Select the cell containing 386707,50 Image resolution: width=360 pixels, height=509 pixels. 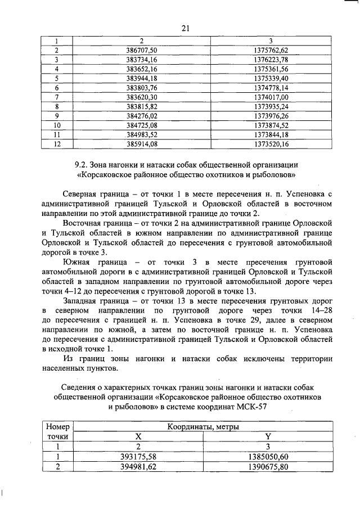(142, 50)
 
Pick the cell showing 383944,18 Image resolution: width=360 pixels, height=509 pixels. (142, 78)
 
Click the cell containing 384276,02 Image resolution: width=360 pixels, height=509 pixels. (142, 116)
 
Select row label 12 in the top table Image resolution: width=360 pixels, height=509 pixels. (57, 144)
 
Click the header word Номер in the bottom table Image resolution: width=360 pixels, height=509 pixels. (57, 427)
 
